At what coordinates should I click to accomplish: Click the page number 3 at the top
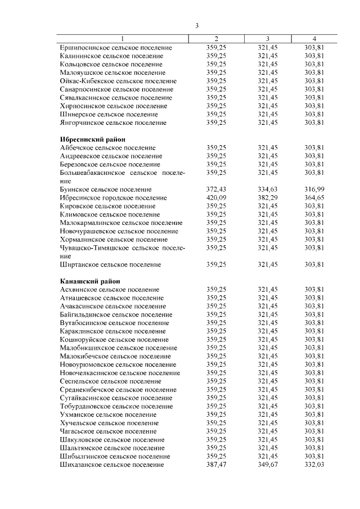(x=197, y=25)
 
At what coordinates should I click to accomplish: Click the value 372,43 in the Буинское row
(x=216, y=190)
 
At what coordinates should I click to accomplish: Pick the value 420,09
(x=216, y=198)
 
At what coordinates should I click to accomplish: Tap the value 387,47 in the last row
(x=216, y=465)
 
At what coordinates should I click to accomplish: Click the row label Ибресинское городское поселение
(x=113, y=198)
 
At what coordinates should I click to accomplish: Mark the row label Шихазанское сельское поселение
(x=111, y=465)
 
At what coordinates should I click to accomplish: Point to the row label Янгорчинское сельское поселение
(x=112, y=122)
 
